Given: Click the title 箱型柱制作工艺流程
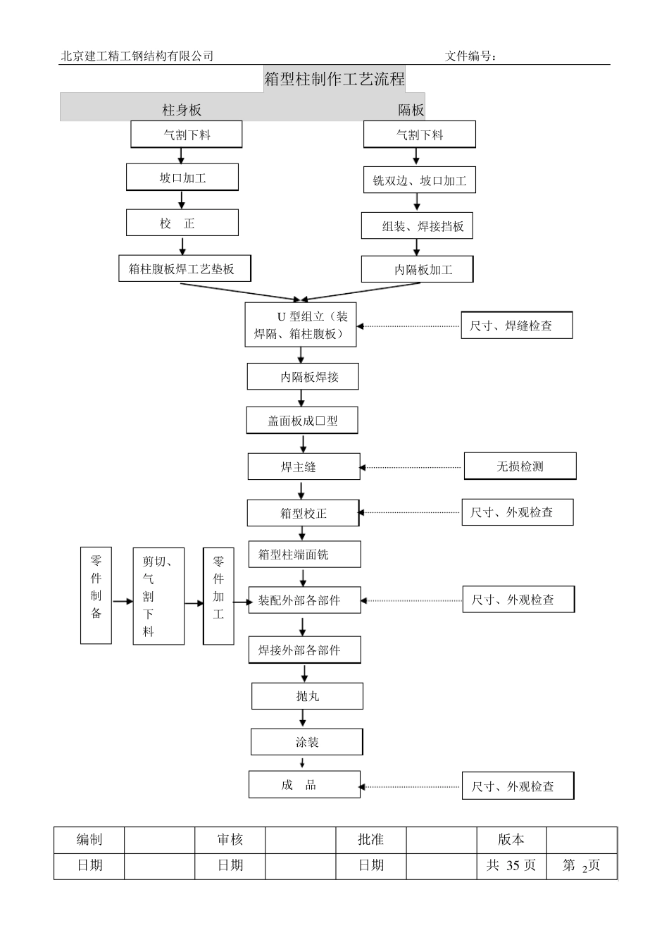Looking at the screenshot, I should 334,79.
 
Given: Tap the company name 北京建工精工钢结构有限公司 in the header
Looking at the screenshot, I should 137,56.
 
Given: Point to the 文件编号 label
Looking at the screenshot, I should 470,56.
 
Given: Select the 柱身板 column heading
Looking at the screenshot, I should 182,110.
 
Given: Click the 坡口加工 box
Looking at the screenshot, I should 182,178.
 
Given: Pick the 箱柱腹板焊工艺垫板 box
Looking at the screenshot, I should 185,268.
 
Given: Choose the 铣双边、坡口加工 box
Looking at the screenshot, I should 420,180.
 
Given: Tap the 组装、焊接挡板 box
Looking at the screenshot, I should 417,226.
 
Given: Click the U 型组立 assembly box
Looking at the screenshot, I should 301,325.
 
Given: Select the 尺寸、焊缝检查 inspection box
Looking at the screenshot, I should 516,326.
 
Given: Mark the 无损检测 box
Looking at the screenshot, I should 520,466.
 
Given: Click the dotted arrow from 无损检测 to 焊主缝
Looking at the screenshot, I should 412,467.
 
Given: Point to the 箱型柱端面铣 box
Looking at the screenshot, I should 304,555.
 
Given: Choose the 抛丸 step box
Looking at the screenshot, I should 307,696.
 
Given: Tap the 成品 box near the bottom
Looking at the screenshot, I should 304,785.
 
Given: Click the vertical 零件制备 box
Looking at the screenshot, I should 96,596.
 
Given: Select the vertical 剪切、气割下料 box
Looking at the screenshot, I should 158,596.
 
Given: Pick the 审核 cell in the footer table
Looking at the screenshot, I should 230,839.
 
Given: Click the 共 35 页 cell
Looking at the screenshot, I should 511,865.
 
